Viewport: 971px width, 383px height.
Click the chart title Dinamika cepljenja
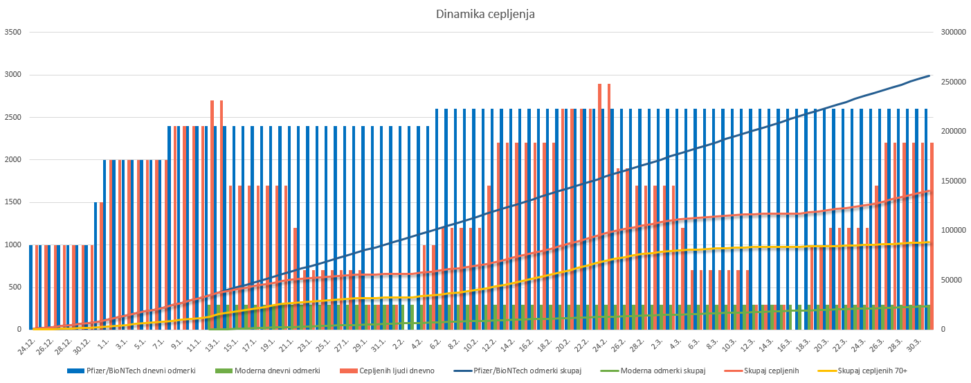pos(485,14)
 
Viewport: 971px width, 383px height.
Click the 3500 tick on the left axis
pos(13,32)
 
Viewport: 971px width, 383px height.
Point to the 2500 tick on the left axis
pos(13,117)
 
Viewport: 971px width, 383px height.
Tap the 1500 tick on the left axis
pos(13,202)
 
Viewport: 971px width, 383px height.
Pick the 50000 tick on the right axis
pos(952,280)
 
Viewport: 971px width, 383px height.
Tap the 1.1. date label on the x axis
pos(103,342)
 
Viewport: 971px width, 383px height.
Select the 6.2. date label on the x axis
pos(435,342)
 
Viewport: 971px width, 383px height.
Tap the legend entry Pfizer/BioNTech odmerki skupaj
pos(527,371)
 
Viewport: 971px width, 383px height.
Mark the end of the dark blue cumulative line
pos(929,75)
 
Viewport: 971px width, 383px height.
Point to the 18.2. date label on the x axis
pos(544,344)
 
